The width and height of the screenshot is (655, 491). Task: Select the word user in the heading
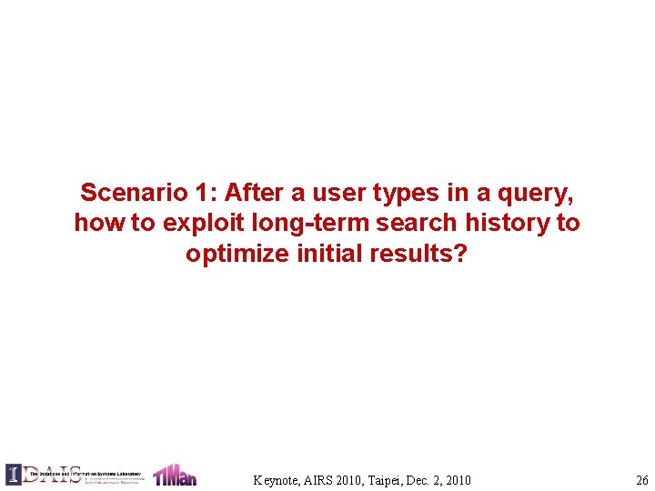(x=342, y=193)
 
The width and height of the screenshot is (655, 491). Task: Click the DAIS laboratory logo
(x=74, y=474)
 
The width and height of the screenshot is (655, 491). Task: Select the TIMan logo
(x=174, y=475)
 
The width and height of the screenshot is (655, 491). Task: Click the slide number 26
(x=642, y=480)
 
